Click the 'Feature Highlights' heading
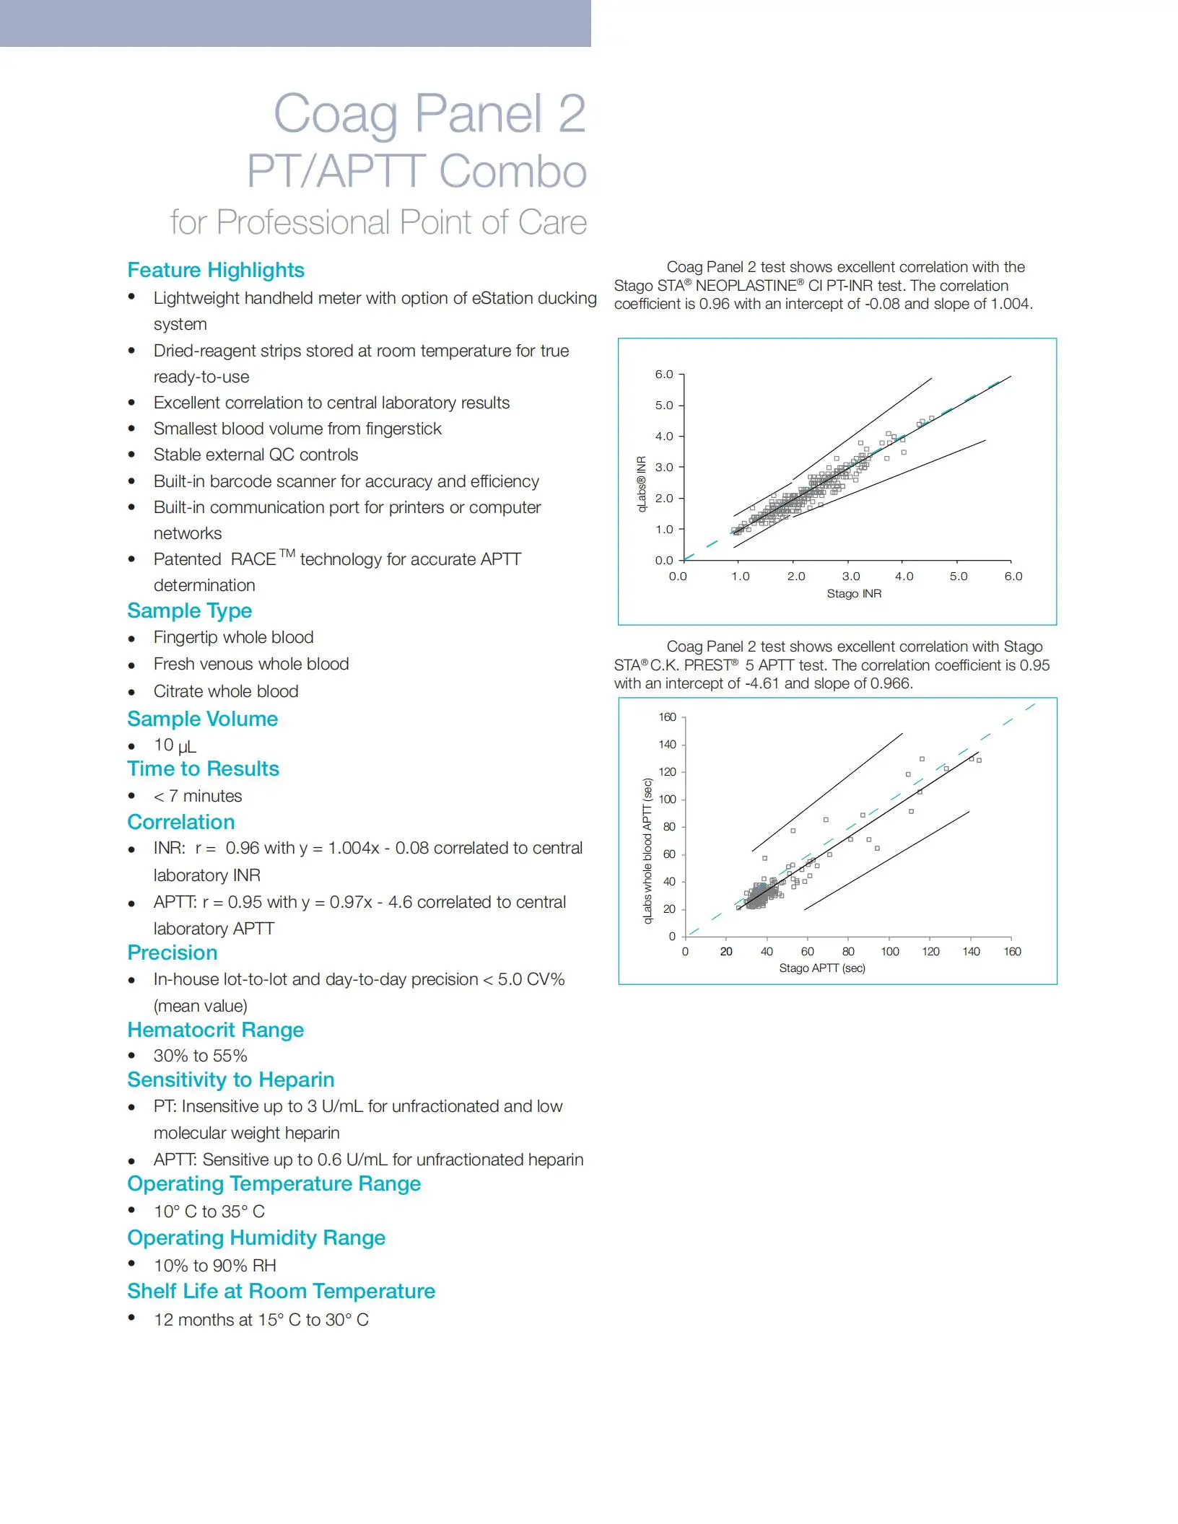(x=216, y=270)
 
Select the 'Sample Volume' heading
(x=203, y=719)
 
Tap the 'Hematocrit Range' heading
(x=216, y=1030)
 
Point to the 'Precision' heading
(x=173, y=952)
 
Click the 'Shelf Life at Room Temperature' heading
(x=282, y=1291)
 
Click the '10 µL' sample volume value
(x=175, y=745)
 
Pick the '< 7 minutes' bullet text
(x=198, y=796)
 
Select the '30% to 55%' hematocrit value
(x=201, y=1056)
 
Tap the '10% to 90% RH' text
(x=215, y=1266)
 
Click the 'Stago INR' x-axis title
(x=854, y=593)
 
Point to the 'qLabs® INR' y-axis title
(x=642, y=483)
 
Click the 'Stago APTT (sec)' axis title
(x=822, y=968)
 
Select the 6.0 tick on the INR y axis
(x=664, y=375)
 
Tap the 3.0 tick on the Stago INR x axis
(x=851, y=577)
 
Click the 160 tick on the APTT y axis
(x=667, y=717)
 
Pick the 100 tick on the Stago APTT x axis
(x=890, y=952)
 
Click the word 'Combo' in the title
(x=512, y=172)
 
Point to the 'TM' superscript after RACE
(x=287, y=553)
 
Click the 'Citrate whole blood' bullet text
(x=226, y=691)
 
